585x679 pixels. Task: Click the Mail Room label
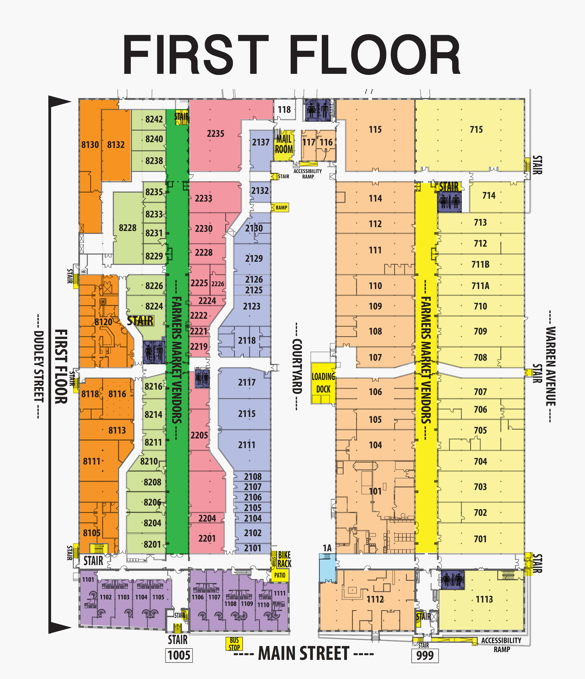(x=284, y=144)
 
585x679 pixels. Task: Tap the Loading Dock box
(x=323, y=383)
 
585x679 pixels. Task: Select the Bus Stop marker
(x=234, y=643)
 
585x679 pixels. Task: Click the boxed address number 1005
(x=179, y=655)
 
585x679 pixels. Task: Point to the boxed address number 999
(x=425, y=655)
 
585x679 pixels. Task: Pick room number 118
(x=284, y=110)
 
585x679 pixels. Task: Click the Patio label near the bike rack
(x=280, y=575)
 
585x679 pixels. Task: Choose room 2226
(x=218, y=284)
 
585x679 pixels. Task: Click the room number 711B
(x=480, y=264)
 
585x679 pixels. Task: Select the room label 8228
(x=128, y=228)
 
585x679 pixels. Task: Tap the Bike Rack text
(x=284, y=559)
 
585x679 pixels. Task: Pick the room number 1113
(x=484, y=599)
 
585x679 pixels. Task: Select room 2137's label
(x=261, y=142)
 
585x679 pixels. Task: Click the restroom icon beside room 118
(x=318, y=110)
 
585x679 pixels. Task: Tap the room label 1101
(x=88, y=579)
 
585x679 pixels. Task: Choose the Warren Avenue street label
(x=551, y=366)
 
